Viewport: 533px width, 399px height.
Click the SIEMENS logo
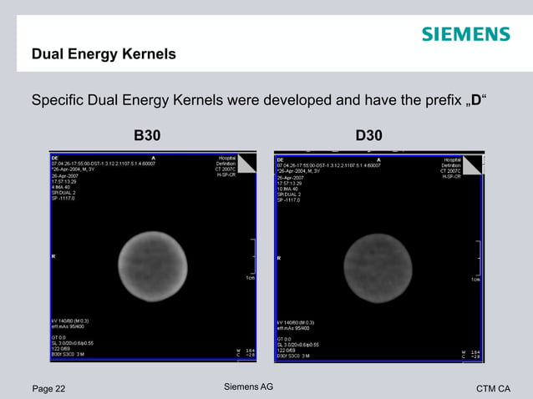click(x=464, y=34)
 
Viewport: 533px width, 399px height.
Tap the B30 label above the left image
click(x=148, y=135)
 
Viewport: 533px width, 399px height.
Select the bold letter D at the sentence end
click(x=475, y=102)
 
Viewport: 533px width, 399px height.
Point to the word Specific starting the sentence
click(x=58, y=102)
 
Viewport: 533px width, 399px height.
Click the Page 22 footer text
click(x=48, y=388)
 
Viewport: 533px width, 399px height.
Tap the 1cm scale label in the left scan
click(x=250, y=278)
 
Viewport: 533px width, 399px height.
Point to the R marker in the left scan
click(x=53, y=256)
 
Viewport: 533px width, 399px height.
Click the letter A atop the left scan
click(x=152, y=158)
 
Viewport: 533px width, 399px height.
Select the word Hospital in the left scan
click(x=226, y=158)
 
